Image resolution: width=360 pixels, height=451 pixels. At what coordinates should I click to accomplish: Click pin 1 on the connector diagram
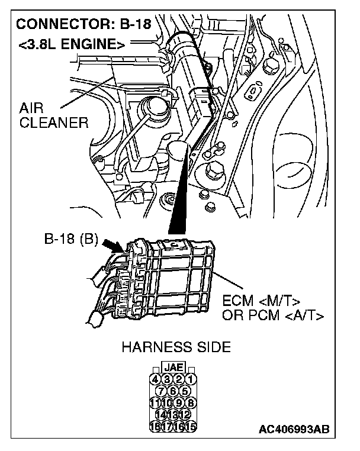click(191, 379)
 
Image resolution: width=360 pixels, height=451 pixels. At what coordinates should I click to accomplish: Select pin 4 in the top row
click(155, 379)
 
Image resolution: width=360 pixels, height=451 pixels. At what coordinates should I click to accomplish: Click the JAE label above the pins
click(173, 368)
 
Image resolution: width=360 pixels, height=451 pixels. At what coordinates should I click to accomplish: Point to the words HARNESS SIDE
click(176, 347)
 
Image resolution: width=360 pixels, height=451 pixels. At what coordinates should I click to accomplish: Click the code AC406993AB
click(294, 429)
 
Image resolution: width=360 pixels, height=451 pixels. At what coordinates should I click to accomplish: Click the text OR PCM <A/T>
click(272, 315)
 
